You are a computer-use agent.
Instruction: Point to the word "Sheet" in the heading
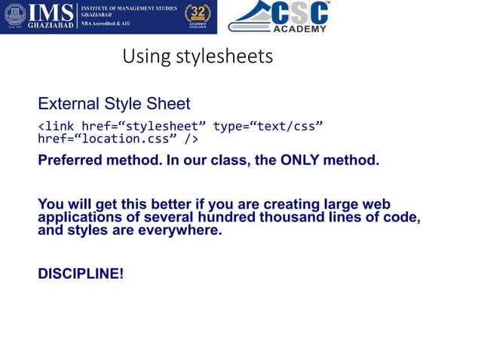click(x=170, y=103)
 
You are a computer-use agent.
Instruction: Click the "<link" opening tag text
click(x=57, y=126)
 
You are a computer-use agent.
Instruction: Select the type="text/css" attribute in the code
click(x=268, y=126)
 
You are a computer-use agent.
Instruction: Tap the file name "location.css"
click(x=133, y=139)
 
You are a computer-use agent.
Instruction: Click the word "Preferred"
click(x=72, y=160)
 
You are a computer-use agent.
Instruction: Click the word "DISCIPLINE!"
click(x=80, y=273)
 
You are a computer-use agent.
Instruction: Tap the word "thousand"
click(x=319, y=218)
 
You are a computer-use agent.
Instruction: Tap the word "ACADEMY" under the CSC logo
click(x=299, y=29)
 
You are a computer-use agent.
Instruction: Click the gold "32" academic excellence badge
click(x=198, y=16)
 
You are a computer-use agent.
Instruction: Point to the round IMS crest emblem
click(x=14, y=17)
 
